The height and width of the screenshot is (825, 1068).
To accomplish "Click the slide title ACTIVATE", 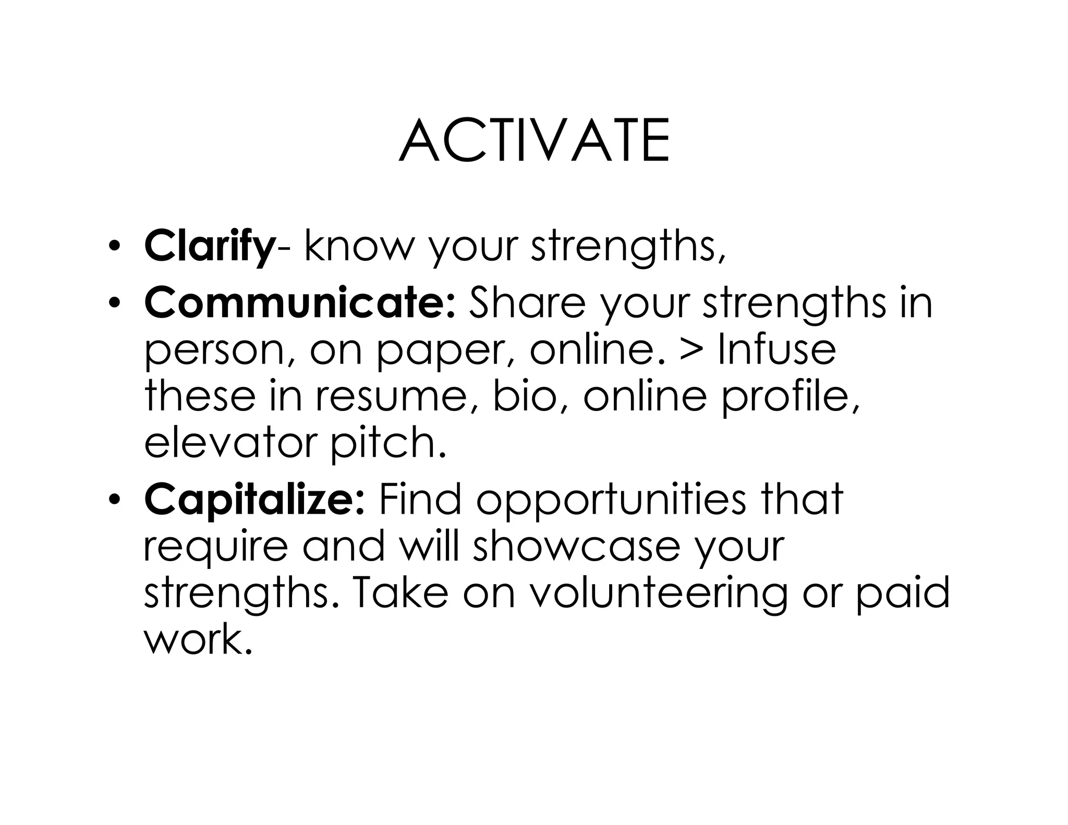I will [x=534, y=141].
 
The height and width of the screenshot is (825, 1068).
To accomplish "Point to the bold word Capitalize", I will [x=254, y=500].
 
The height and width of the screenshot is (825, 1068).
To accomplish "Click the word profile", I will [x=790, y=397].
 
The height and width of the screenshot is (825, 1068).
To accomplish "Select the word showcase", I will [x=577, y=547].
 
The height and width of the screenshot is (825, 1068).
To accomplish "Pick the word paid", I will [x=903, y=595].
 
